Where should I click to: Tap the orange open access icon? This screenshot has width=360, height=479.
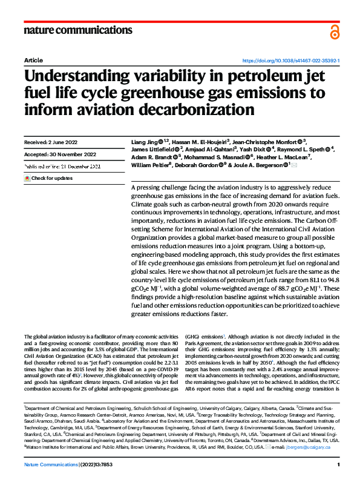pyautogui.click(x=335, y=32)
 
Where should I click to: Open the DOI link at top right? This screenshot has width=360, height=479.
pyautogui.click(x=290, y=61)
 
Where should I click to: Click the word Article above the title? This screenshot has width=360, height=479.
pyautogui.click(x=33, y=61)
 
